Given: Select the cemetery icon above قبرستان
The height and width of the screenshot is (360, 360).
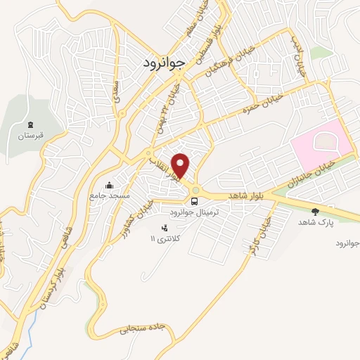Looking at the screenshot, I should [x=31, y=124].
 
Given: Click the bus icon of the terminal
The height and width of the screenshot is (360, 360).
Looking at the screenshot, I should [x=195, y=200].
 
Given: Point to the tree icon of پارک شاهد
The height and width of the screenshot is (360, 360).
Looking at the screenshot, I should [x=314, y=210].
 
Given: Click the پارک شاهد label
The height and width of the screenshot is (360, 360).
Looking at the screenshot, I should [x=314, y=221].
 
